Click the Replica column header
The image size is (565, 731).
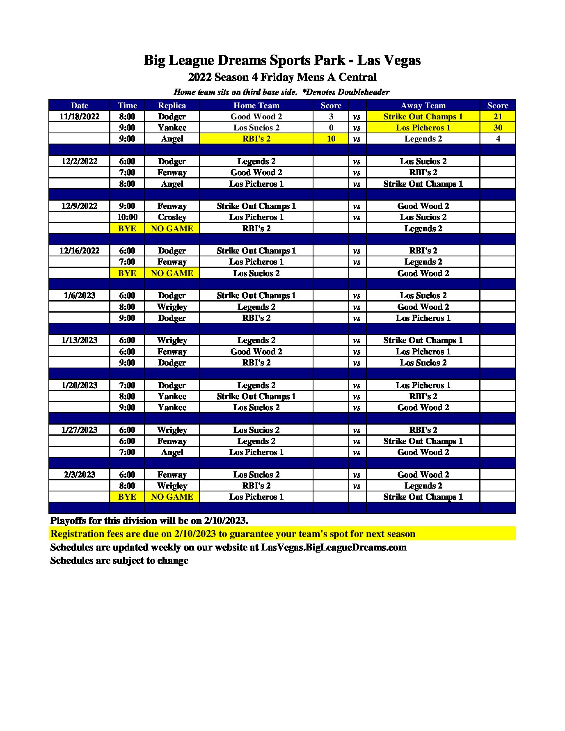coord(172,105)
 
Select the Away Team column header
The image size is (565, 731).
coord(423,105)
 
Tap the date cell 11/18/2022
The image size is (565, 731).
coord(79,117)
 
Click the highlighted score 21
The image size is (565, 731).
coord(498,117)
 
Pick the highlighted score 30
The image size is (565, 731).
coord(498,128)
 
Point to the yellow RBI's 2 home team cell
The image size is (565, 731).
coord(256,139)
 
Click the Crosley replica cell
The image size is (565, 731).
coord(172,217)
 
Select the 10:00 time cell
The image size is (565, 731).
coord(127,217)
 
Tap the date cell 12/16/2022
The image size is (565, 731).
coord(79,251)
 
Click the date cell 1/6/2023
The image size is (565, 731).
coord(79,295)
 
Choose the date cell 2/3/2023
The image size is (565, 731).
coord(79,475)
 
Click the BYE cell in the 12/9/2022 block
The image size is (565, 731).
coord(127,228)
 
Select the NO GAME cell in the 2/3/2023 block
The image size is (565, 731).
coord(172,497)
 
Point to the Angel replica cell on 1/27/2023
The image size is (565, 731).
coord(172,452)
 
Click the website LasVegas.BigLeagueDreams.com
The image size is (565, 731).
coord(334,547)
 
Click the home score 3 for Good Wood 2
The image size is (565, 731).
coord(331,117)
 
